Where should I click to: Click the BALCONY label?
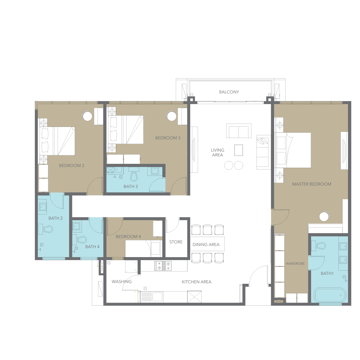point(229,92)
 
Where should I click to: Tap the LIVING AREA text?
point(217,152)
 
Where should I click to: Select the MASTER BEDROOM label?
point(311,184)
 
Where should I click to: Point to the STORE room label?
point(176,242)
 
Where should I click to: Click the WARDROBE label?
point(295,264)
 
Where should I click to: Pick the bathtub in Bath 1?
point(330,295)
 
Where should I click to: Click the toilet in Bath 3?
point(134,176)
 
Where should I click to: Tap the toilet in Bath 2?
point(48,229)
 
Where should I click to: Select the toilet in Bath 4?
point(82,240)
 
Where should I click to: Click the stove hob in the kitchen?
point(163,266)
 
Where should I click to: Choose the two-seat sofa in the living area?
point(238,131)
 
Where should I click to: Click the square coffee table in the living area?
point(238,150)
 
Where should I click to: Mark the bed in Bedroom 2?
point(57,141)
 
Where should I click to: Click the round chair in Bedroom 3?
point(171,116)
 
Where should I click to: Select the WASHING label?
point(121,281)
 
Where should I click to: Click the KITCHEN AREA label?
point(196,282)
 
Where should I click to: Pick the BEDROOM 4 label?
point(128,236)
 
